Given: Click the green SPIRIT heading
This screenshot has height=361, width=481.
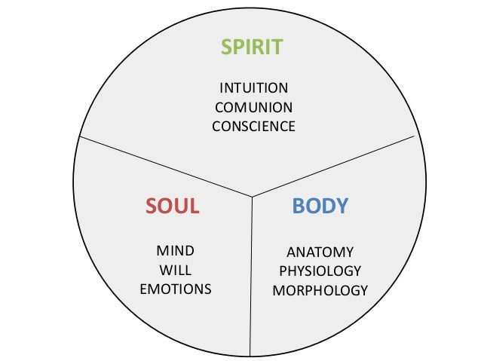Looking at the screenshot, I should click(x=252, y=47).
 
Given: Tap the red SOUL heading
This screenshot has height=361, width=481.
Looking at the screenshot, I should click(x=172, y=206).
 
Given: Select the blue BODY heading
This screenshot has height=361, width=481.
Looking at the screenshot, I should click(x=320, y=206).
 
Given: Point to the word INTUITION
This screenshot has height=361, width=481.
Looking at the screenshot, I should click(x=253, y=87).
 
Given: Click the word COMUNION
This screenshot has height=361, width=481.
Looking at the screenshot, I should click(x=253, y=107).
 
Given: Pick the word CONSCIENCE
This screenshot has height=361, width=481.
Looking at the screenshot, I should click(x=253, y=127).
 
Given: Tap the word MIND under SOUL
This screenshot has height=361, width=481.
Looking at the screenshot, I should click(x=175, y=250).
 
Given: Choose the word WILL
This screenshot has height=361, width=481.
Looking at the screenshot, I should click(x=175, y=270).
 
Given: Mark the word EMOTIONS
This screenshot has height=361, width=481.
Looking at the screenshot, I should click(x=175, y=289).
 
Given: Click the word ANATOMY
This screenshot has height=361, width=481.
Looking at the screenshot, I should click(x=320, y=252).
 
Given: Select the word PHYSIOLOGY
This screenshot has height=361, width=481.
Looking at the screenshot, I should click(x=320, y=271).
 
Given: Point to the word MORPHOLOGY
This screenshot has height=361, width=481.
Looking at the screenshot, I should click(x=320, y=290).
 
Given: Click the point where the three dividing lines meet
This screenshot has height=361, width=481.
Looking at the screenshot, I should click(x=252, y=197).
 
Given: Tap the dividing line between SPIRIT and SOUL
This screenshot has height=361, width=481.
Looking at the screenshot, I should click(x=166, y=167).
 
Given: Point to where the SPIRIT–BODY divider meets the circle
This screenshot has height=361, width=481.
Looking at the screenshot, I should click(x=416, y=136).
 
